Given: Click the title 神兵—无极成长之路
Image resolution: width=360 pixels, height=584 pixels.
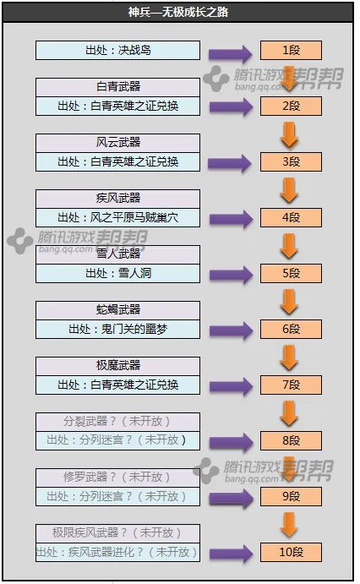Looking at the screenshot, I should (180, 13).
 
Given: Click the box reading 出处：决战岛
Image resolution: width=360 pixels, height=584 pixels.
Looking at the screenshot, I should (117, 50).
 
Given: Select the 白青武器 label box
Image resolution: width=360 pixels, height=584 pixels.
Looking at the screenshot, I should (117, 87).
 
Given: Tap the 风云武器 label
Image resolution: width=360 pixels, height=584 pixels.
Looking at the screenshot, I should (117, 143).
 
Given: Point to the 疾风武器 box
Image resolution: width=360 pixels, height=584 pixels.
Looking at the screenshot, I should (117, 199).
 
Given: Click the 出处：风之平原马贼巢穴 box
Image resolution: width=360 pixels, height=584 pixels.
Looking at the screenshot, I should (117, 218).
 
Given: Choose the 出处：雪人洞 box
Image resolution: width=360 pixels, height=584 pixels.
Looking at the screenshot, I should (117, 273).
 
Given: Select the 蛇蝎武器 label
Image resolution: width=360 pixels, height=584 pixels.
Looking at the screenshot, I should (117, 310).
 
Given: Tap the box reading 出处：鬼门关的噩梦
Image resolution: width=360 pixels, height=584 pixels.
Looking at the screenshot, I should (117, 329).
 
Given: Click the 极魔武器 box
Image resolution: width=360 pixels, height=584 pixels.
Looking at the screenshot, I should (117, 366).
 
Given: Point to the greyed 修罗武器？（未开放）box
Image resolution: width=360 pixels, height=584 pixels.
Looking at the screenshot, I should (117, 478).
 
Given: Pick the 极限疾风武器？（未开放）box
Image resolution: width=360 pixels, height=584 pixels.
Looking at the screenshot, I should (117, 533).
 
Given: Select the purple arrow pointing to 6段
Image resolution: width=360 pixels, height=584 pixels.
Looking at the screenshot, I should (229, 330).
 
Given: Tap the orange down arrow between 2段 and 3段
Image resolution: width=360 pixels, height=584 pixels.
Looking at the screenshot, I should (289, 134).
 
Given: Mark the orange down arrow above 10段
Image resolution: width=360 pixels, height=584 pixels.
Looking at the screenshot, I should (289, 525).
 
